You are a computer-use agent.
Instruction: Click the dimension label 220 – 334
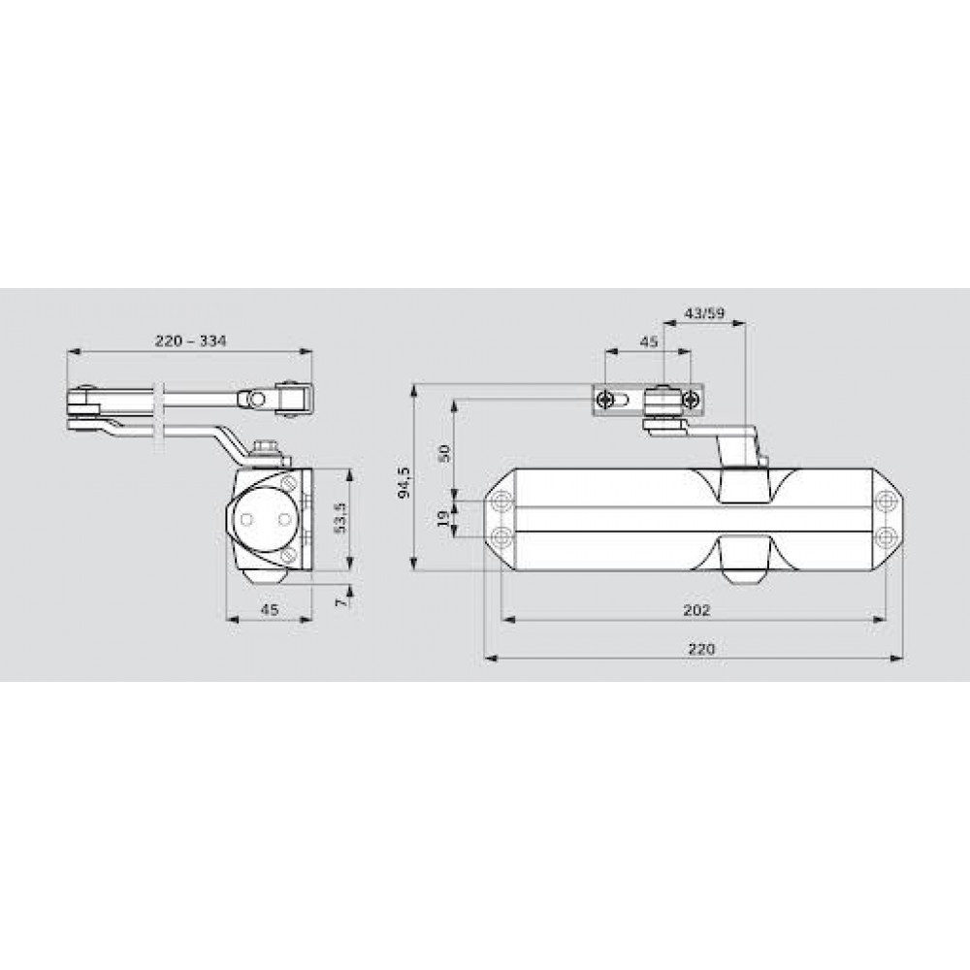point(190,340)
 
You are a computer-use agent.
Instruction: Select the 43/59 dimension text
point(704,313)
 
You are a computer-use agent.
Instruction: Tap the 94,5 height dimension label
point(404,482)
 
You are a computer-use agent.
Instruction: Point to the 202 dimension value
point(696,610)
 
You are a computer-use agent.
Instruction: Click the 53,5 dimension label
point(339,517)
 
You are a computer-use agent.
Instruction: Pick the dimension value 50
point(443,453)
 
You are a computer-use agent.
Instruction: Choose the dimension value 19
point(443,518)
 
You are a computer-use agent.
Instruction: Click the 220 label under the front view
point(701,649)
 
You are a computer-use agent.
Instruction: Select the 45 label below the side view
point(269,609)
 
